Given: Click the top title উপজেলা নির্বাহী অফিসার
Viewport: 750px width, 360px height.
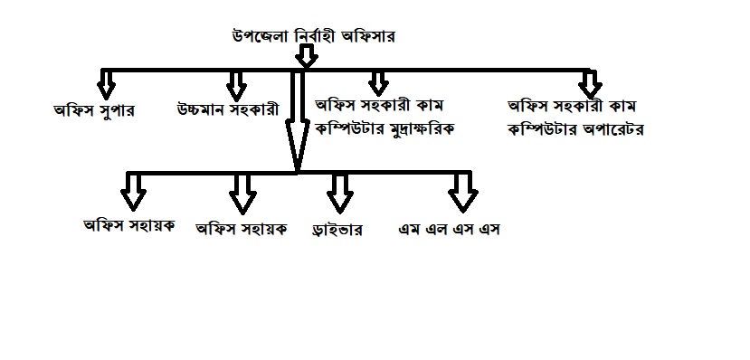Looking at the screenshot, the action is point(313,37).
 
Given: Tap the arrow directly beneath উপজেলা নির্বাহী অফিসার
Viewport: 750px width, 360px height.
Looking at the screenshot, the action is point(306,56).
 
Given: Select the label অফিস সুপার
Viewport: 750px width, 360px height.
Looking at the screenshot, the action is point(94,111).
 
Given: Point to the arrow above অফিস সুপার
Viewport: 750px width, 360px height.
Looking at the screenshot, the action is point(106,85).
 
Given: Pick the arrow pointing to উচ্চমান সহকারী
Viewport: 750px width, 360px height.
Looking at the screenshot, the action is point(236,86).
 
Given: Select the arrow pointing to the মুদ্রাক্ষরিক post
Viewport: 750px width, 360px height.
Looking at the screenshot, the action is point(378,83).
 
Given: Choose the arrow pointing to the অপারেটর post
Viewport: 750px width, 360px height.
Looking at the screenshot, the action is point(590,85).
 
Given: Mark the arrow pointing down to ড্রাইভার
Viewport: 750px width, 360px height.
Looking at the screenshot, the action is point(340,193).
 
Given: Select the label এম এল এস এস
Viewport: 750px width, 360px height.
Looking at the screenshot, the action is point(449,230).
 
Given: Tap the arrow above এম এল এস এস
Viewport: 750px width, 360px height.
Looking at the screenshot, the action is point(463,192).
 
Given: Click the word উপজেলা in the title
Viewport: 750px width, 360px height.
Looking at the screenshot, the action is point(261,37).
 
